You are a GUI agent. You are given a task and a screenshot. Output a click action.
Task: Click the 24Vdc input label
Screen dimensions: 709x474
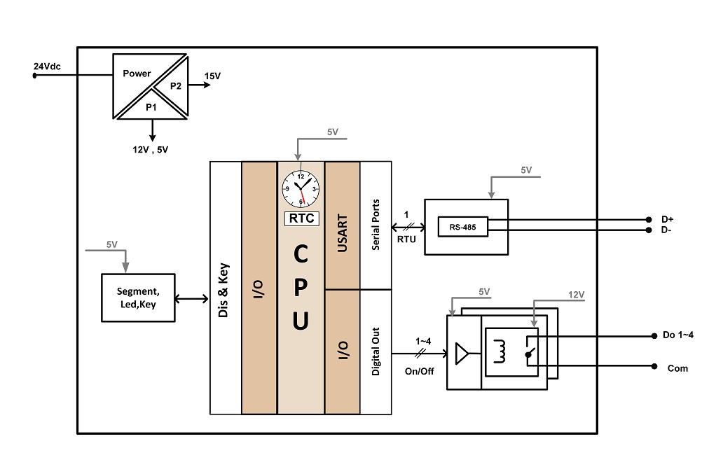click(47, 67)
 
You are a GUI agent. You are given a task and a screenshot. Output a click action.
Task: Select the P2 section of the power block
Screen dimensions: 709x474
click(174, 86)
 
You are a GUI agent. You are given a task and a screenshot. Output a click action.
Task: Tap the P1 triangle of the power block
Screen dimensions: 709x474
click(151, 106)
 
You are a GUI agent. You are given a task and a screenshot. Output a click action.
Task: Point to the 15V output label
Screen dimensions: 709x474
click(212, 76)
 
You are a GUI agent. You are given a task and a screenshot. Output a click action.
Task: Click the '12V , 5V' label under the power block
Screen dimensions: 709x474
click(150, 150)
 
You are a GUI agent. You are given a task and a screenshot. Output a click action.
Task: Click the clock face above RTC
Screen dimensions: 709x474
click(301, 188)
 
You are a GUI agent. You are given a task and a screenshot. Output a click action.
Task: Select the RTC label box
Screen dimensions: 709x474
click(301, 218)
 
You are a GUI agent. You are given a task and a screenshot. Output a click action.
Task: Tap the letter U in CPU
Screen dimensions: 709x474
click(301, 321)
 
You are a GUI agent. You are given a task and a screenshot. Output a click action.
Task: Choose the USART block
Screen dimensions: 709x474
click(343, 225)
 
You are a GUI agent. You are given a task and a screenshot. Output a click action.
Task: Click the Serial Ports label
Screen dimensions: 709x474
click(376, 225)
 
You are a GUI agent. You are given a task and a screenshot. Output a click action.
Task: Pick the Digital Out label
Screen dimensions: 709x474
click(376, 351)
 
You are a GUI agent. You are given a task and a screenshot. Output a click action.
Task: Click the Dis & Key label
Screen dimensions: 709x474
click(223, 290)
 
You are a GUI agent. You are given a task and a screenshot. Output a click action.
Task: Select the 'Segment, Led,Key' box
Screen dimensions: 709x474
click(138, 298)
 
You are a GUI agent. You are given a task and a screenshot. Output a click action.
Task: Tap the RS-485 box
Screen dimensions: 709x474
click(463, 227)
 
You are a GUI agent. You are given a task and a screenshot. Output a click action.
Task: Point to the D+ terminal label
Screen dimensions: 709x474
click(668, 219)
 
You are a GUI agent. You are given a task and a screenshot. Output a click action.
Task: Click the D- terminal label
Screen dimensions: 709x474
click(666, 230)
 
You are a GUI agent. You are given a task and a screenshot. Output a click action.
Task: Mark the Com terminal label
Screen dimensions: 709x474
click(677, 368)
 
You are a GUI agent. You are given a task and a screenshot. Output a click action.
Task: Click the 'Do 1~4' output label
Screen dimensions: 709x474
click(677, 335)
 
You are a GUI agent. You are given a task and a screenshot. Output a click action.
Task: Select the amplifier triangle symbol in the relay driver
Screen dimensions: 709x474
click(462, 354)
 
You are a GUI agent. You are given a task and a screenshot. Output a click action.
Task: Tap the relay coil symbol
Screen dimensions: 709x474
click(500, 351)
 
